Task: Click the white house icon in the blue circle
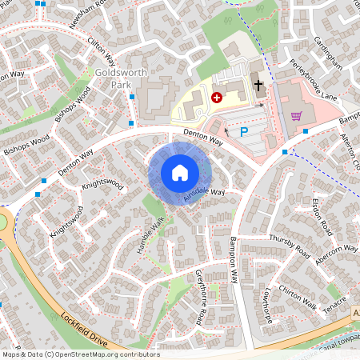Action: tap(180, 172)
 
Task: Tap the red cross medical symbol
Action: tap(216, 98)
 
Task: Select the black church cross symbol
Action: tap(258, 85)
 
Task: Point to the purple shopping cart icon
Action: tap(297, 115)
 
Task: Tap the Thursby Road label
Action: tap(289, 246)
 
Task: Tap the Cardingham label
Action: tap(327, 51)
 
